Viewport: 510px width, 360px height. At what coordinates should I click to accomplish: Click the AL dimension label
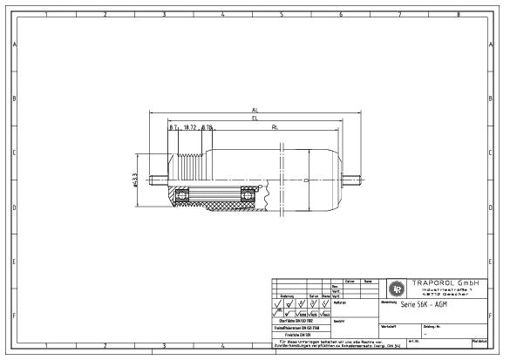(x=255, y=110)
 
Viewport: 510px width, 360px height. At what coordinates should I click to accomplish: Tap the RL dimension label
(x=275, y=126)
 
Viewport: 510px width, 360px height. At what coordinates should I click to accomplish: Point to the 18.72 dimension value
(x=189, y=126)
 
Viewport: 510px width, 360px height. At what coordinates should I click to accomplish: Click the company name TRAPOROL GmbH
(x=445, y=283)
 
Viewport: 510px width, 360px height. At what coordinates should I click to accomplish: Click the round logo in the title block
(x=396, y=289)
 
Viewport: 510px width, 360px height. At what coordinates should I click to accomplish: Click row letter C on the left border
(x=14, y=153)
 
